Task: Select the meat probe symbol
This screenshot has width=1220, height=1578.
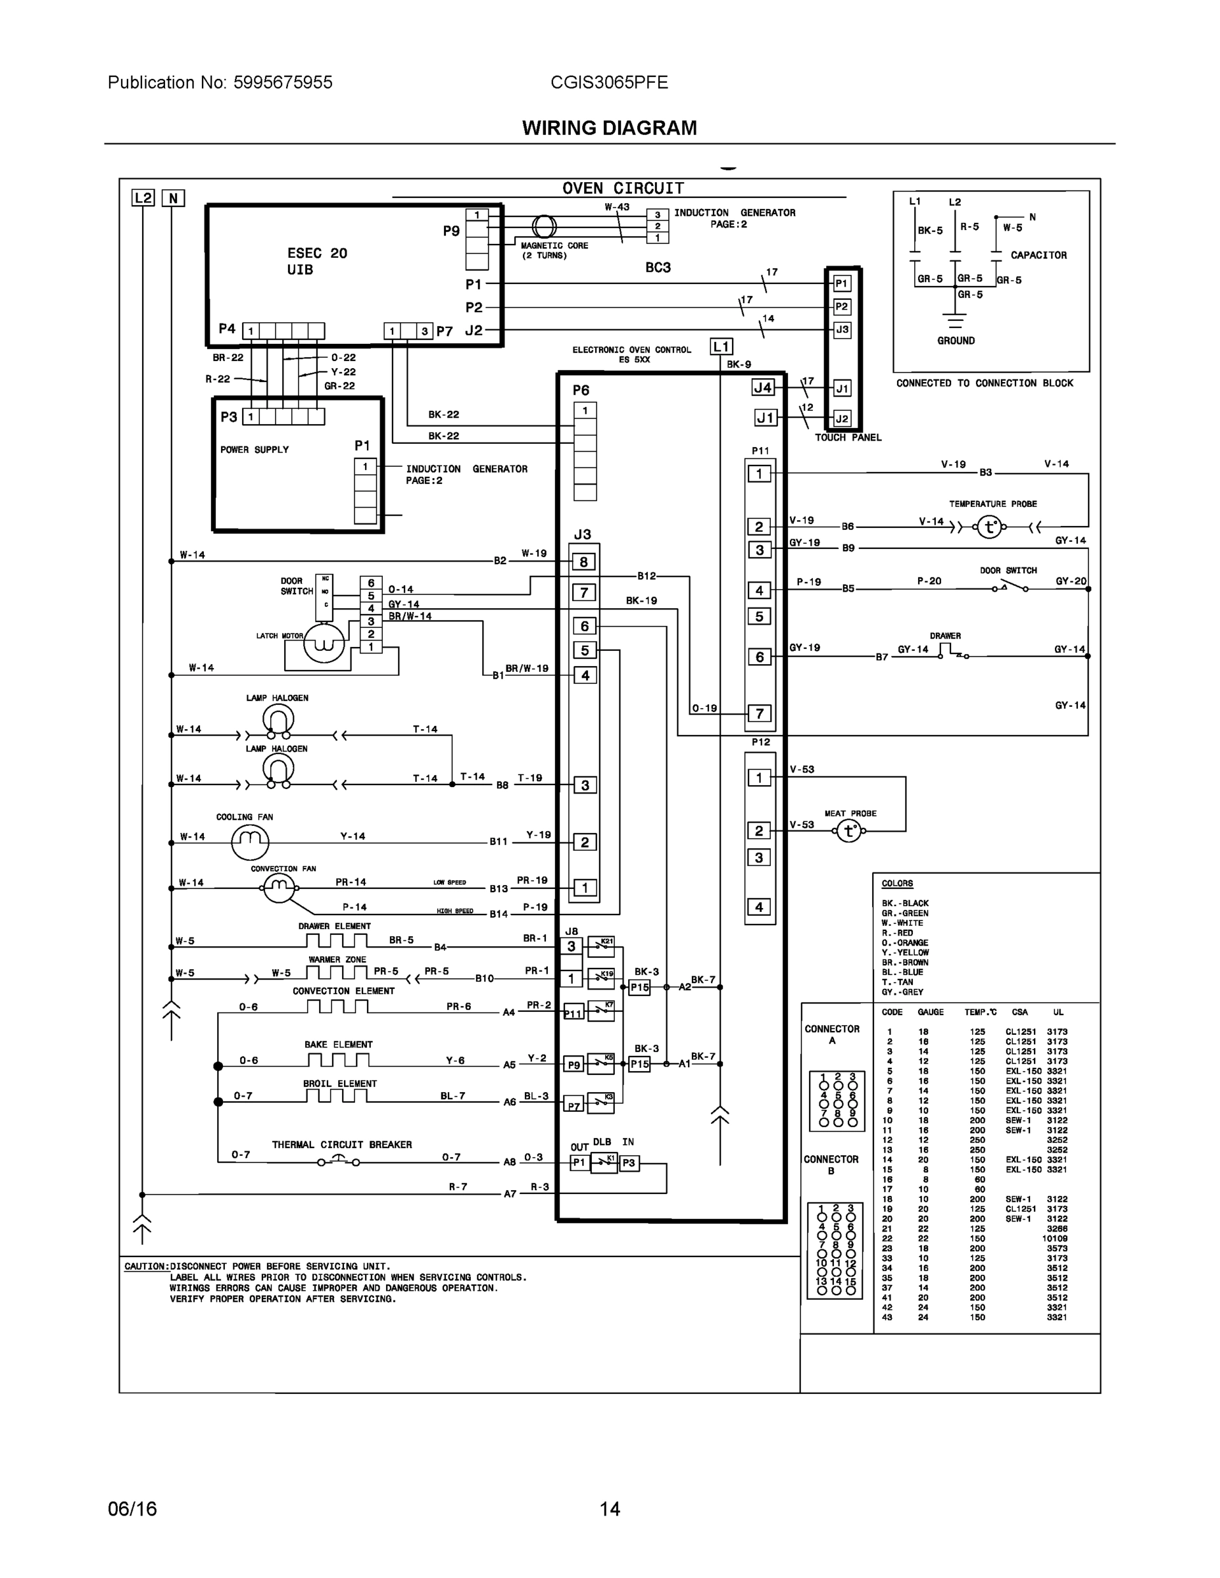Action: tap(849, 832)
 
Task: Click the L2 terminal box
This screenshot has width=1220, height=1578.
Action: tap(143, 198)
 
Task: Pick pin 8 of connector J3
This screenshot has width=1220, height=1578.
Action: tap(584, 562)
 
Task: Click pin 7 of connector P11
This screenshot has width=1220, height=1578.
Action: tap(760, 714)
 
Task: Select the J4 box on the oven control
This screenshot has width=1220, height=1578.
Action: tap(763, 388)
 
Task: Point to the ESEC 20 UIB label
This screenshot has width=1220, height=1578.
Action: tap(316, 262)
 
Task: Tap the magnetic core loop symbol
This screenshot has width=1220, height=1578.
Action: tap(544, 227)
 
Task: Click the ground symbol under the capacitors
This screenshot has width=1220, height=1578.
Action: tap(956, 321)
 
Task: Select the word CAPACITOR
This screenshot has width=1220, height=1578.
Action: tap(1038, 255)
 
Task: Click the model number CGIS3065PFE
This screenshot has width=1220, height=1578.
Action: tap(608, 82)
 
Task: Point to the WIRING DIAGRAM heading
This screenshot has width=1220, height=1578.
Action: tap(609, 128)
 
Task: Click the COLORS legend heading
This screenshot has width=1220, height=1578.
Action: tap(897, 884)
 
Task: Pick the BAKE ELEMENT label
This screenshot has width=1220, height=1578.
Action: tap(338, 1045)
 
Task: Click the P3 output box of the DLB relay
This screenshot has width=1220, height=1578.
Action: tap(629, 1162)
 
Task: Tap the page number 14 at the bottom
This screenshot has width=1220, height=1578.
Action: tap(609, 1509)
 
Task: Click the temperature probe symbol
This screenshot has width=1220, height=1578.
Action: tap(988, 527)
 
